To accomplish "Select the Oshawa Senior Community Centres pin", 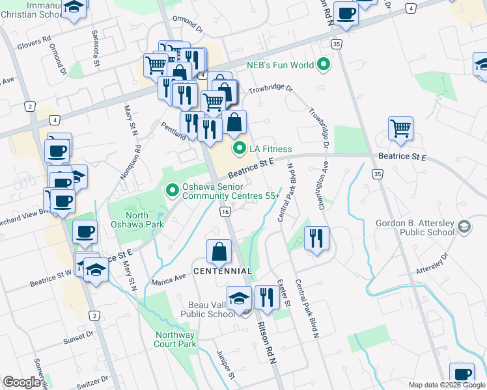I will (173, 190).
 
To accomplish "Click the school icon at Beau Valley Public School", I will (240, 298).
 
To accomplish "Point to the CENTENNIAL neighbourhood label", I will (222, 270).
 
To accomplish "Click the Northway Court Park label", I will (175, 339).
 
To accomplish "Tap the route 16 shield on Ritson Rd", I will (225, 212).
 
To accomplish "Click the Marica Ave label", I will (169, 276).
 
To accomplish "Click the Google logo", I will (22, 382).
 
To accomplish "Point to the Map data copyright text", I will (446, 385).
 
